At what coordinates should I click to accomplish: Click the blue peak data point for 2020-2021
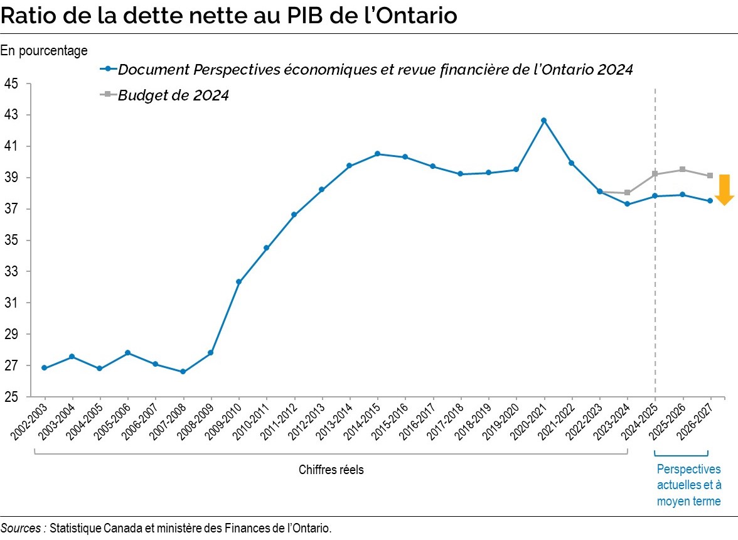(x=544, y=120)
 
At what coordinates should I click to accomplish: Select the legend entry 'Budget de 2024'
(x=173, y=95)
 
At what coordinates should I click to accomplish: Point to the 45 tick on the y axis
(x=11, y=84)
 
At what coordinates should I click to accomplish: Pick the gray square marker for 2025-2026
(x=682, y=170)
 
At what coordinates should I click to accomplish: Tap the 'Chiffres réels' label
(x=331, y=470)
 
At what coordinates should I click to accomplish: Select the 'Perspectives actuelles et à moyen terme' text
(x=688, y=485)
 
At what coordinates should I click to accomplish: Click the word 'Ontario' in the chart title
(x=414, y=16)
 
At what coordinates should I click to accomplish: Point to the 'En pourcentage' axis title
(x=45, y=51)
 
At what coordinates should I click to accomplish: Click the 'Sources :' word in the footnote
(x=23, y=528)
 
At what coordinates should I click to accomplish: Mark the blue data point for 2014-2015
(x=377, y=154)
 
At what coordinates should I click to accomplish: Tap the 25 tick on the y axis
(x=11, y=397)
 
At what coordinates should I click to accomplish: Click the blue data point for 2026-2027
(x=710, y=201)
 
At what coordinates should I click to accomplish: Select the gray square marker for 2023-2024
(x=628, y=193)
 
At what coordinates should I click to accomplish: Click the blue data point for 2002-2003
(x=44, y=368)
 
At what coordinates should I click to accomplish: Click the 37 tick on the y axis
(x=11, y=209)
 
